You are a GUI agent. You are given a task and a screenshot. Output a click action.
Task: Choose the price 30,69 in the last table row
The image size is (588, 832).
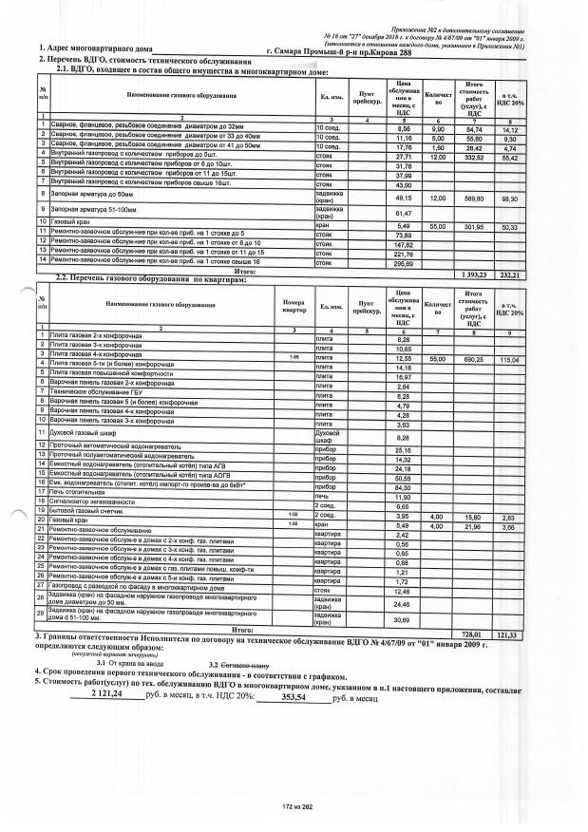coord(402,619)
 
